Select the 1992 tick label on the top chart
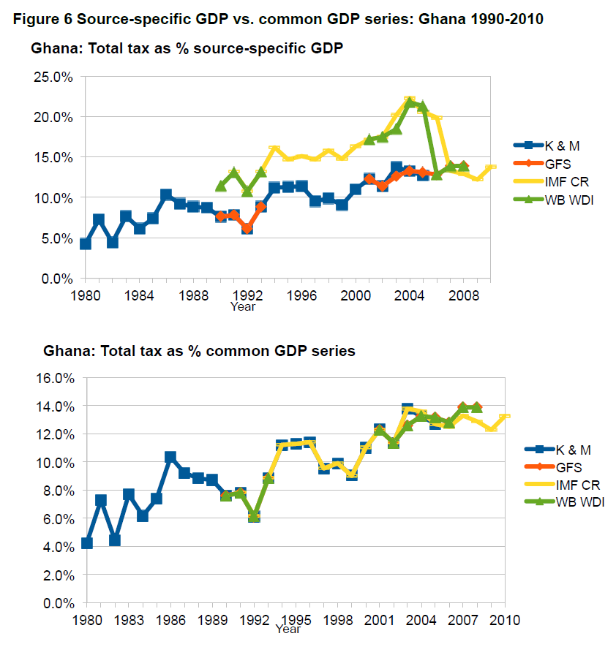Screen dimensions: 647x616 247,296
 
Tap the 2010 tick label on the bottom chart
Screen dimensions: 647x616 504,621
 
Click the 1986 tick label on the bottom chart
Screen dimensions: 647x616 170,621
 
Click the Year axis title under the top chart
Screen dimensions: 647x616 243,307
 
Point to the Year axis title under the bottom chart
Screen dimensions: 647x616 288,629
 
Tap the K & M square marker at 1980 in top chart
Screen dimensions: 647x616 86,243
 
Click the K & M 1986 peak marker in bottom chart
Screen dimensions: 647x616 170,457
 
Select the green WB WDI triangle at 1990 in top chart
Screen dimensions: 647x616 221,186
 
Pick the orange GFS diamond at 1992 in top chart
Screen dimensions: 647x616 247,228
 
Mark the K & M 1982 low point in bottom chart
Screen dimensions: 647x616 115,540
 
